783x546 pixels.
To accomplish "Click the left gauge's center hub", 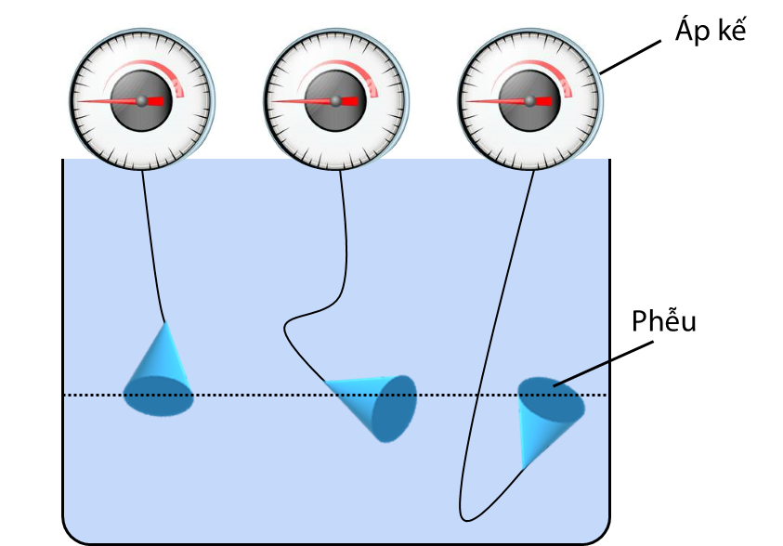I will [141, 100].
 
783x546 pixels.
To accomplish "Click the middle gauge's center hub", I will [335, 100].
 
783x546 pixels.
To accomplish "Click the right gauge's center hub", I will [529, 100].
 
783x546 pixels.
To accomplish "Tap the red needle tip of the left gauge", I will [78, 101].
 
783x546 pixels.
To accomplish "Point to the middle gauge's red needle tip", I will [272, 101].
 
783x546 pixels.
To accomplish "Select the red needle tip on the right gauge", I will [466, 101].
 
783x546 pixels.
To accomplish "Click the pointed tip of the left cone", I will [164, 323].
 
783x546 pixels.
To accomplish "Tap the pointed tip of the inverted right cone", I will [525, 464].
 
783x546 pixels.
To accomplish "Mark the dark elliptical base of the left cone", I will [159, 397].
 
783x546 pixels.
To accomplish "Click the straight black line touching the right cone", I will [581, 372].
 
